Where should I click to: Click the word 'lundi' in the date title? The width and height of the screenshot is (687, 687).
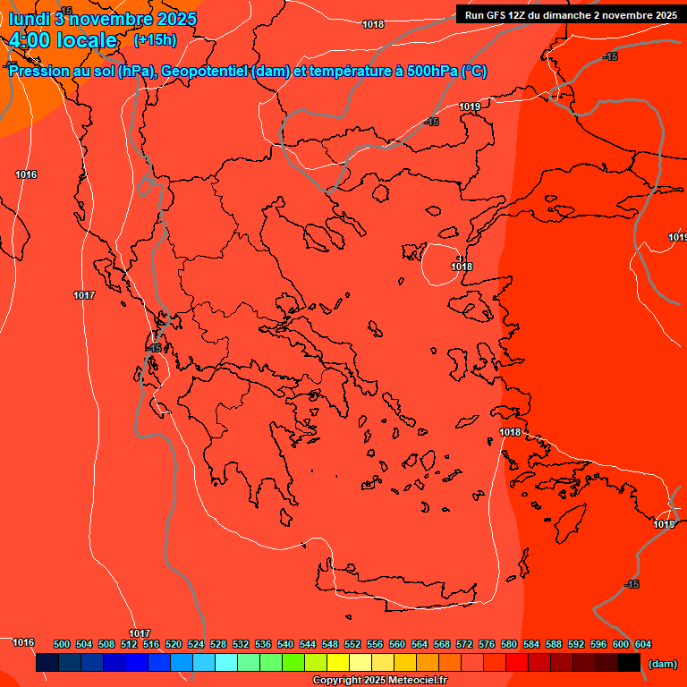29,19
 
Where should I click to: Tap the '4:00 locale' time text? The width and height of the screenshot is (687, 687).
63,40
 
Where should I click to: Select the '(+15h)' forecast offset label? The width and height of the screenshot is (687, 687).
155,40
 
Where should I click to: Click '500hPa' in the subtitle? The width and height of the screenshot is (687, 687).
433,72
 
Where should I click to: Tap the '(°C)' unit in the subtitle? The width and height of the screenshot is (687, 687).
473,72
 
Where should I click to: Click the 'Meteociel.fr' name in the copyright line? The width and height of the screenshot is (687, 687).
413,681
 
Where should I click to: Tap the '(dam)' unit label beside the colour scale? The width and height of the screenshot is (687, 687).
662,664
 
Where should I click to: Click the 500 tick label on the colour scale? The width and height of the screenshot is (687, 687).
62,644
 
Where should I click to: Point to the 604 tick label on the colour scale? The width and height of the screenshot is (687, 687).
643,644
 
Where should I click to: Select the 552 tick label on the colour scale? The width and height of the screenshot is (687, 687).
352,644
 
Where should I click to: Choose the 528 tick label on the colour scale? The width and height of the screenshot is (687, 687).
218,644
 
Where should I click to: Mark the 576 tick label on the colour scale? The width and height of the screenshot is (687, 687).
487,644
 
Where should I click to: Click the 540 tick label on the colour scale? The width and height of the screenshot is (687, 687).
285,644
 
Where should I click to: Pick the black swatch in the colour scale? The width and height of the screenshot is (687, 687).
629,663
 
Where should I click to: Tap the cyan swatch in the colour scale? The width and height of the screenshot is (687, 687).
226,663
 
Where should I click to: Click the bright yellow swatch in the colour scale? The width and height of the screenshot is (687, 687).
338,663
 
